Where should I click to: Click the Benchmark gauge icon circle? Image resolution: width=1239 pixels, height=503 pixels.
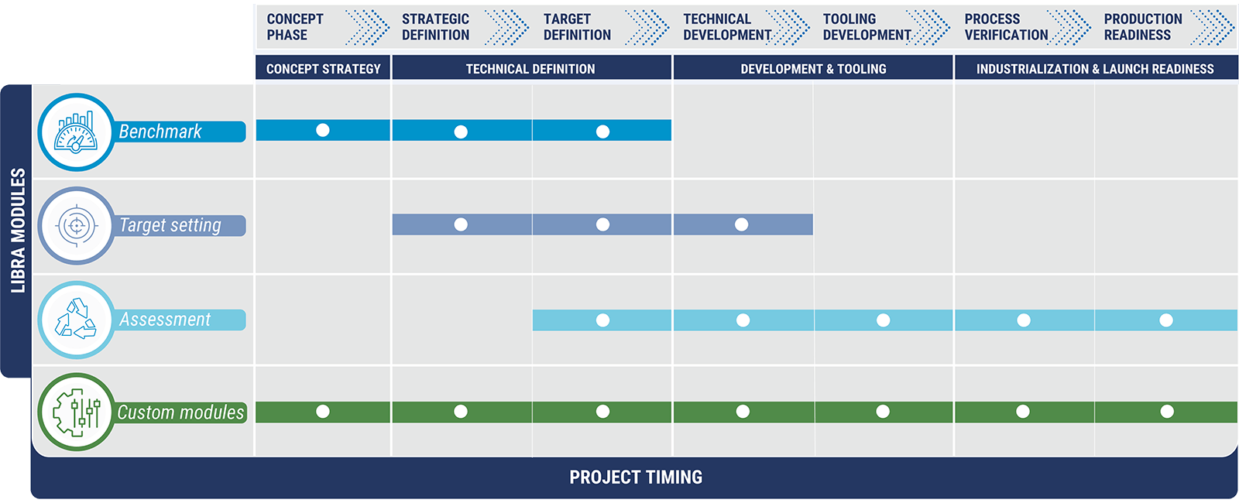(77, 132)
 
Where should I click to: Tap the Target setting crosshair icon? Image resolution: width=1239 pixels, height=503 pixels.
(77, 225)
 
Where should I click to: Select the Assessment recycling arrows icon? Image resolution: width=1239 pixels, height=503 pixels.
(77, 320)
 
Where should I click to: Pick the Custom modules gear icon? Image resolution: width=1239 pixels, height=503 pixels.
(77, 412)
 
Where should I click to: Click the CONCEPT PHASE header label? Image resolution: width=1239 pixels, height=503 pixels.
(295, 26)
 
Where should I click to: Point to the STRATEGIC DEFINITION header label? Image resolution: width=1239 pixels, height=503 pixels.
(435, 26)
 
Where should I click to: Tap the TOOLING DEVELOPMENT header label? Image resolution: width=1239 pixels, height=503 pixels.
(867, 26)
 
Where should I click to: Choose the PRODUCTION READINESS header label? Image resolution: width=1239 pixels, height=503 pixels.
(1143, 26)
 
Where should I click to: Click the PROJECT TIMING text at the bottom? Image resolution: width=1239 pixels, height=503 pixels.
(636, 477)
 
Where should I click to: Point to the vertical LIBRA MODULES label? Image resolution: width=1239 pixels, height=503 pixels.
(19, 231)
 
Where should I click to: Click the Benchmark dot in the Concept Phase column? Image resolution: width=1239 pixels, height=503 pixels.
(322, 130)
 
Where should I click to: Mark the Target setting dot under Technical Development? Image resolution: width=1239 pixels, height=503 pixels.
(742, 224)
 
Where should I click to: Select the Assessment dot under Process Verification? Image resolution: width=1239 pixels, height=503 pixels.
(1024, 320)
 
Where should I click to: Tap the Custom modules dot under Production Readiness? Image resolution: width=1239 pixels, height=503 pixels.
(1167, 411)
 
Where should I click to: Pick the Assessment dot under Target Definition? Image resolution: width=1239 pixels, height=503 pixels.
(603, 320)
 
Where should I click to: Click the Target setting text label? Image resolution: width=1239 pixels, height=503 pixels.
(170, 225)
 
